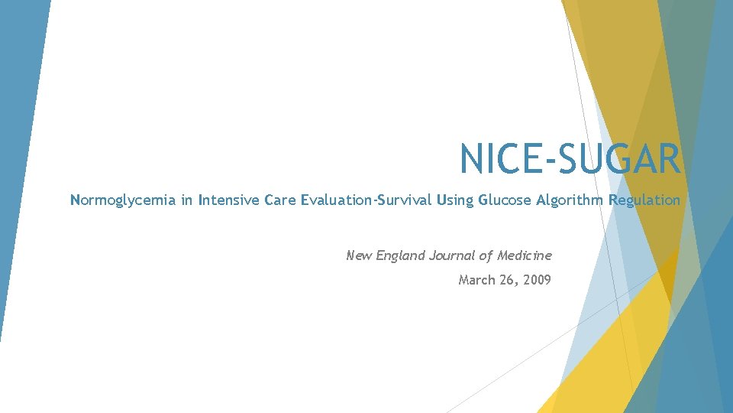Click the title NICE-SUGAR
[x=569, y=159]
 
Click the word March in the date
[x=477, y=280]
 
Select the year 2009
[x=537, y=280]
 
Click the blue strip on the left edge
[x=19, y=153]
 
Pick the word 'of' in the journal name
[x=487, y=255]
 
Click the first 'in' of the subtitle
[x=186, y=200]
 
